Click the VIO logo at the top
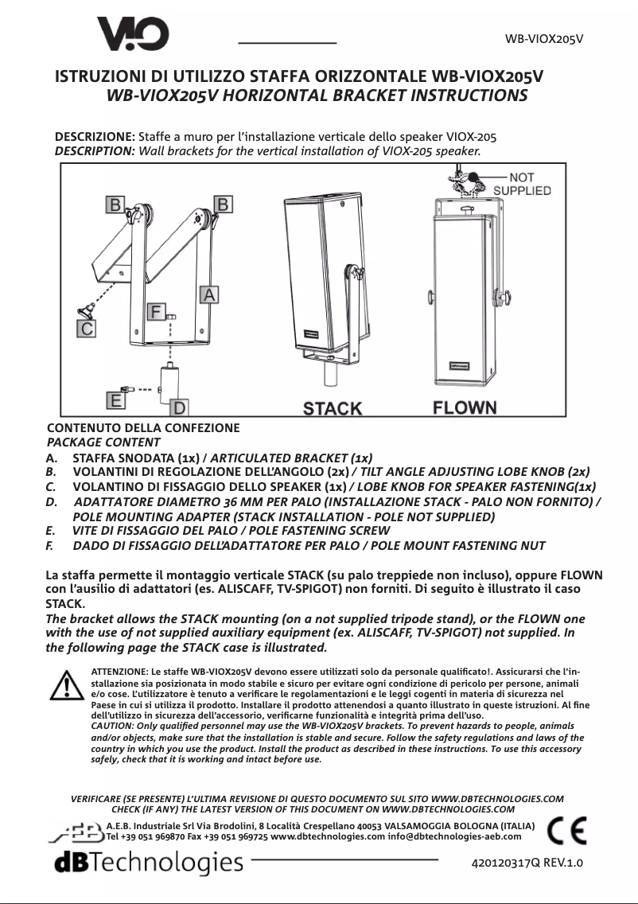[x=132, y=35]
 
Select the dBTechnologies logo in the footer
[x=148, y=862]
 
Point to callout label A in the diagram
[x=208, y=294]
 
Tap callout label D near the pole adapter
[x=181, y=407]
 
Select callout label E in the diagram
[x=116, y=399]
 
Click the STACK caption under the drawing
[x=333, y=408]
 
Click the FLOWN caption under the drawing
[x=465, y=407]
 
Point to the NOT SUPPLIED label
[x=522, y=184]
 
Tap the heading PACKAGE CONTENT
[x=104, y=442]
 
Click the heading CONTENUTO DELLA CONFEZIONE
[x=143, y=427]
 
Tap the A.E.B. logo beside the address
[x=76, y=832]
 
